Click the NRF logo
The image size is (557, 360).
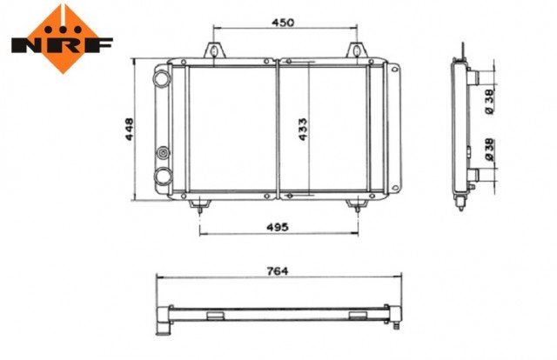pyautogui.click(x=62, y=39)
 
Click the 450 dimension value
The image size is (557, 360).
pyautogui.click(x=283, y=23)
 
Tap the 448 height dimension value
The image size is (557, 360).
pyautogui.click(x=130, y=130)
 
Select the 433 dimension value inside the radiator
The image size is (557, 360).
pyautogui.click(x=303, y=130)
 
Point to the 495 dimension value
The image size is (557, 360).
pyautogui.click(x=278, y=227)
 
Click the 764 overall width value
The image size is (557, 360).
pyautogui.click(x=278, y=271)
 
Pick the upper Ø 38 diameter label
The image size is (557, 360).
pyautogui.click(x=489, y=102)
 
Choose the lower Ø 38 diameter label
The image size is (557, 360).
pyautogui.click(x=489, y=150)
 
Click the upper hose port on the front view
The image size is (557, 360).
pyautogui.click(x=162, y=78)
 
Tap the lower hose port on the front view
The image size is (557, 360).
pyautogui.click(x=163, y=176)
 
